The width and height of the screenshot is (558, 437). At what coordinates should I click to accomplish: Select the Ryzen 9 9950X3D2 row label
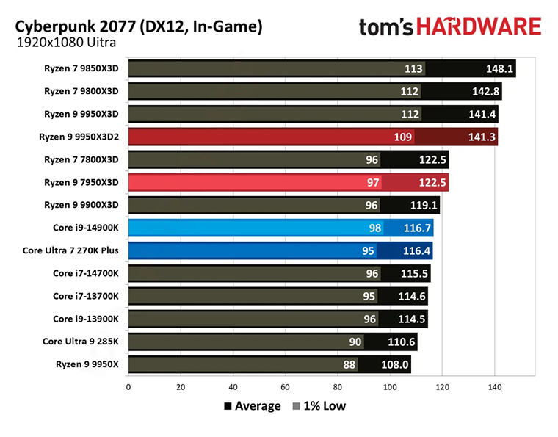tap(80, 137)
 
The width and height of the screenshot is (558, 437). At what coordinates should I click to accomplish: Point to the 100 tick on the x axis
tap(390, 386)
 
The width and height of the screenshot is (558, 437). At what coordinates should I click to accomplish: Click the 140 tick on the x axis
tap(494, 386)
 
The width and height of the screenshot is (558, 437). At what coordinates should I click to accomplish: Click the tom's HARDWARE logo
tap(449, 27)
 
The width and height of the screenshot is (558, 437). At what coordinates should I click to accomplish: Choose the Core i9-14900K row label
tap(86, 228)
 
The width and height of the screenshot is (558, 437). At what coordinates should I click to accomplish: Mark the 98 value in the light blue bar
tap(375, 228)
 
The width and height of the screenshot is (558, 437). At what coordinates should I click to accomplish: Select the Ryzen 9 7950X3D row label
tap(83, 182)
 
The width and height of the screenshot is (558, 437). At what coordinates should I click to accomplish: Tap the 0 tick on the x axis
tap(128, 386)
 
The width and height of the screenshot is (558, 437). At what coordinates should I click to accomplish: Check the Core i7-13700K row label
tap(86, 296)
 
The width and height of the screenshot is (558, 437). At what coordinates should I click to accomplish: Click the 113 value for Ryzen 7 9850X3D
tap(414, 69)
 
